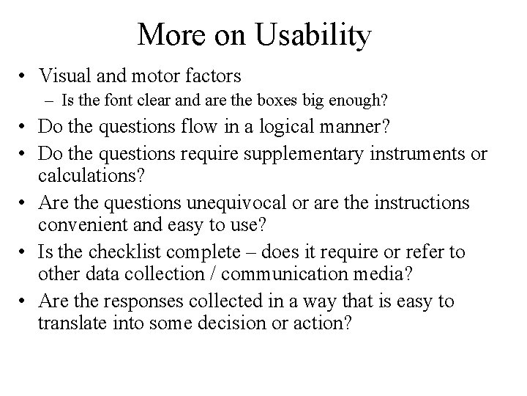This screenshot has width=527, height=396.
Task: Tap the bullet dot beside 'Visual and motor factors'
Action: coord(25,75)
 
